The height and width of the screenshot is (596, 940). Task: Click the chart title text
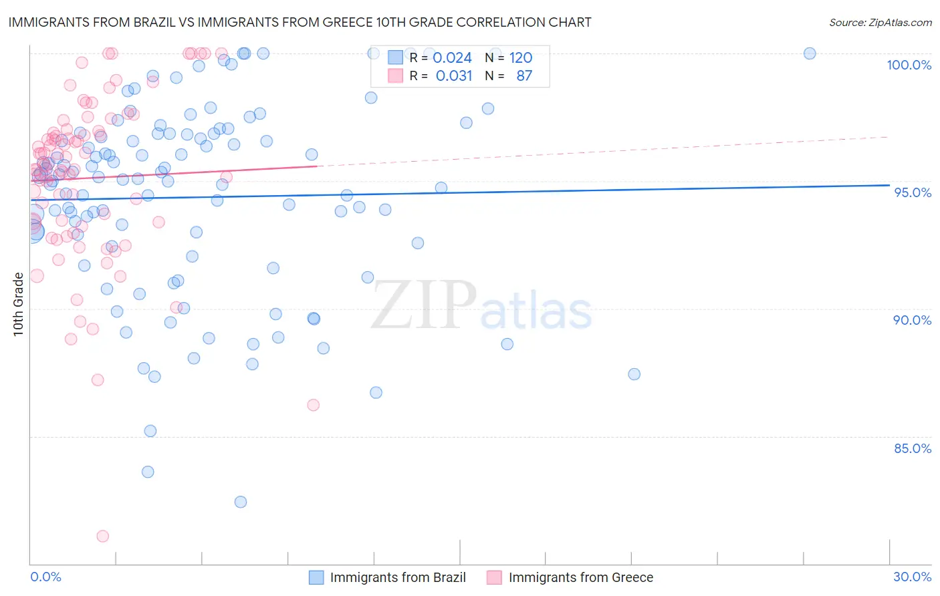300,22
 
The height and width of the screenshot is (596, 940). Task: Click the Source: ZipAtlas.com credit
880,22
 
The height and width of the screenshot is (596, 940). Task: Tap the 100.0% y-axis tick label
909,65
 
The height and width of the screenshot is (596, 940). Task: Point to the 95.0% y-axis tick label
913,192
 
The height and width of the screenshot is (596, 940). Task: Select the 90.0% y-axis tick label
912,320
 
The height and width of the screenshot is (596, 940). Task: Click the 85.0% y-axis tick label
912,448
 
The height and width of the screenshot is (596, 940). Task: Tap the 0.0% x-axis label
45,577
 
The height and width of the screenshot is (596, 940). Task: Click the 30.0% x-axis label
912,577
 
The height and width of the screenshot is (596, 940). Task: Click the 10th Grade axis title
18,304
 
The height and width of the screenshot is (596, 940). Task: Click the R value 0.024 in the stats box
453,58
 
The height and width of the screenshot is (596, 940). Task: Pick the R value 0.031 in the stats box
454,76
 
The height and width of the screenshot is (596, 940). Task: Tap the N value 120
521,58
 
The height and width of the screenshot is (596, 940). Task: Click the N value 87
524,76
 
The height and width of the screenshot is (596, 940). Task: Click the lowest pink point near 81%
102,536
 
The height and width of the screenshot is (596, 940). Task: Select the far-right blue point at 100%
810,53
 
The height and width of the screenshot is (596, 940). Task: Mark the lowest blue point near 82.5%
241,502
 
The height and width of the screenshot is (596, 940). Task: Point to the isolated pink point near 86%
313,405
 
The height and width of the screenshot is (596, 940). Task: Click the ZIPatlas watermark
481,305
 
